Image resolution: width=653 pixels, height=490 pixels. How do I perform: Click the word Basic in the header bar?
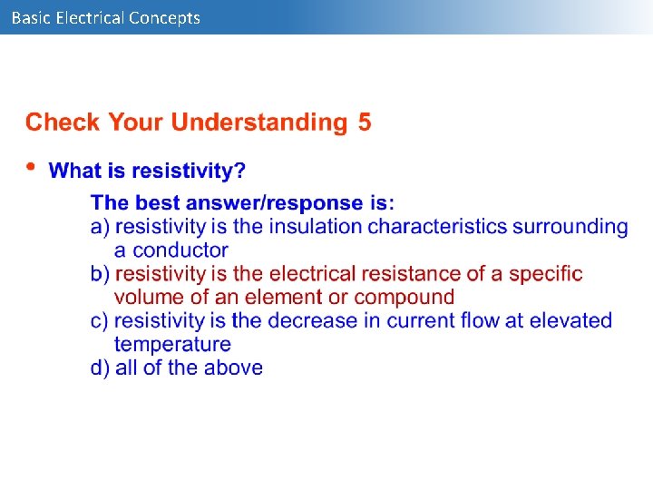[31, 17]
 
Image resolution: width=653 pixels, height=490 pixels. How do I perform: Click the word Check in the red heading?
[62, 122]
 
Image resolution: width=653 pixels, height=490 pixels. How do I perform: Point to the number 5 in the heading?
[364, 122]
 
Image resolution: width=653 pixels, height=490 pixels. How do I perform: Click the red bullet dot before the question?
[32, 167]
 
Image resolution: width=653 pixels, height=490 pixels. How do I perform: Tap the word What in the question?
[73, 171]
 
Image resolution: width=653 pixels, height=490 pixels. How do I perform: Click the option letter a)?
[100, 226]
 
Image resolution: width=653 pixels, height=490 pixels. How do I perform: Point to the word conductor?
[171, 250]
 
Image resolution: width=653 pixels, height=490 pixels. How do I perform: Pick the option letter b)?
[100, 273]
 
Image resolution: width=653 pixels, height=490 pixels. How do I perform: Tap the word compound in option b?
[404, 297]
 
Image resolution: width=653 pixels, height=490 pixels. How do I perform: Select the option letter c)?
[100, 320]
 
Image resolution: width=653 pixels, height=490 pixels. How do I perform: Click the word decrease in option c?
[307, 320]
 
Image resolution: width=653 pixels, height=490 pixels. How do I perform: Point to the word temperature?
[172, 344]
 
